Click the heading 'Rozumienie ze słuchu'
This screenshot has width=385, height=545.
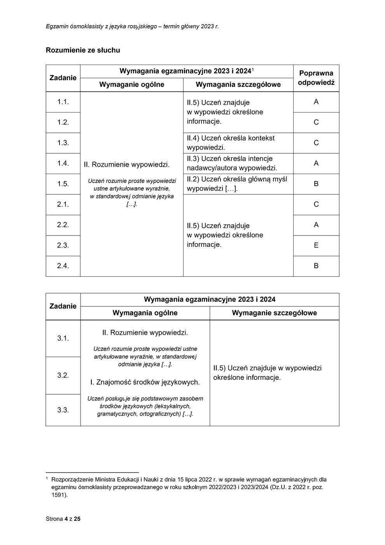tap(83, 50)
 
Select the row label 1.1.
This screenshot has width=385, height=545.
tap(63, 102)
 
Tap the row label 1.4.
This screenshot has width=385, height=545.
tap(63, 163)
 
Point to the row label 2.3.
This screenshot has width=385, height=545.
tap(63, 245)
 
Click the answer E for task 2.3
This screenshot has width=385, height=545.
tap(316, 245)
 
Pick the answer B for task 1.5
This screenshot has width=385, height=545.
tap(316, 184)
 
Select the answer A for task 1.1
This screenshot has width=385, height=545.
tap(316, 102)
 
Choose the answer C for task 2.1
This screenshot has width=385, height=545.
tap(316, 204)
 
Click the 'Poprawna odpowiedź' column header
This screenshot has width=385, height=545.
tap(316, 78)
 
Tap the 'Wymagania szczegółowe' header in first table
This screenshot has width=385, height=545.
tap(238, 84)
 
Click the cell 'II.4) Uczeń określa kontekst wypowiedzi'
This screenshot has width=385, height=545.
tap(231, 143)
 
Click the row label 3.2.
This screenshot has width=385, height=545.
tap(63, 375)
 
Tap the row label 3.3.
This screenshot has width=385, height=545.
tap(63, 410)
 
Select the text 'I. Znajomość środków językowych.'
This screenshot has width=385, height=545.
tap(145, 382)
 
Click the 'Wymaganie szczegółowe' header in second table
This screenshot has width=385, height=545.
tap(274, 313)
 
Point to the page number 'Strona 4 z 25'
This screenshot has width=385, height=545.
tap(63, 519)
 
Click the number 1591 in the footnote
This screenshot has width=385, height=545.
tap(58, 495)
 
